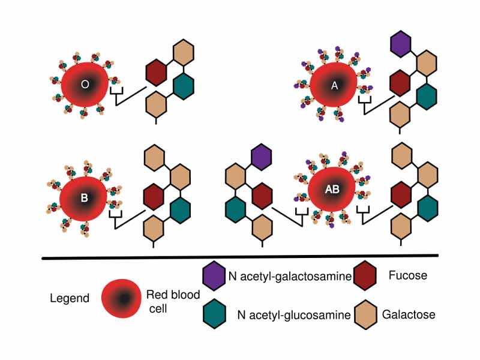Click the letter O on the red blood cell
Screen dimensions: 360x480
(x=85, y=85)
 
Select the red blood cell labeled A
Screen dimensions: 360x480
(x=335, y=86)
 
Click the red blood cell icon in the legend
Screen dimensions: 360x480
(x=122, y=298)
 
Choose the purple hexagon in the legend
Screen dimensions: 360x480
(x=214, y=276)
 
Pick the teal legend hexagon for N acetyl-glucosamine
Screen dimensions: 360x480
(x=214, y=313)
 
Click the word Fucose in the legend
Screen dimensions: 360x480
(x=407, y=275)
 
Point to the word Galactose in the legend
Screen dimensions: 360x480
(x=409, y=314)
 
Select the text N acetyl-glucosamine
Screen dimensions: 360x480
(x=293, y=314)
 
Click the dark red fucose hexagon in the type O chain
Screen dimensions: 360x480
(x=156, y=72)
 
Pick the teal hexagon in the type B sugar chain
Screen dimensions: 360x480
(x=180, y=209)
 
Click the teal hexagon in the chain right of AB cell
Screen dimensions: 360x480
(x=427, y=208)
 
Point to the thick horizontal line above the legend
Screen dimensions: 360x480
(x=240, y=257)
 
